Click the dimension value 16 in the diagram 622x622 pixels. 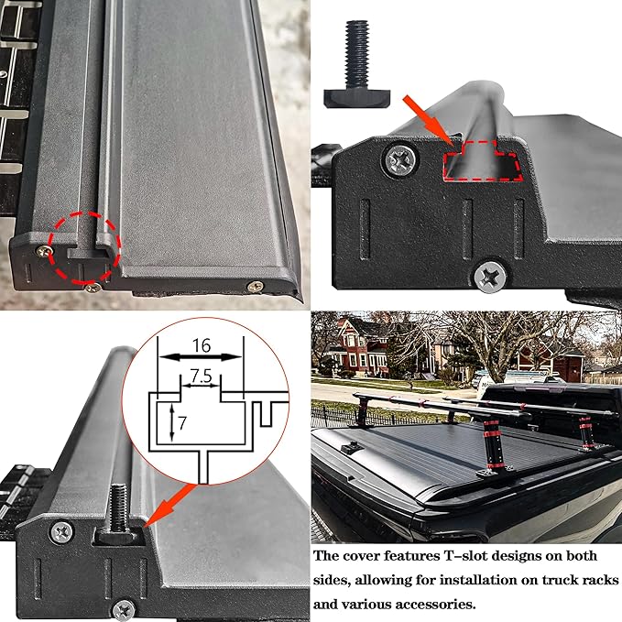201,345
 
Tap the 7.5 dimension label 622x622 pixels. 201,376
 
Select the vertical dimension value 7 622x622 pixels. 183,422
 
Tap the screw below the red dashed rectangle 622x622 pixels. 490,273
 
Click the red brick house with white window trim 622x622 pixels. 344,347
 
